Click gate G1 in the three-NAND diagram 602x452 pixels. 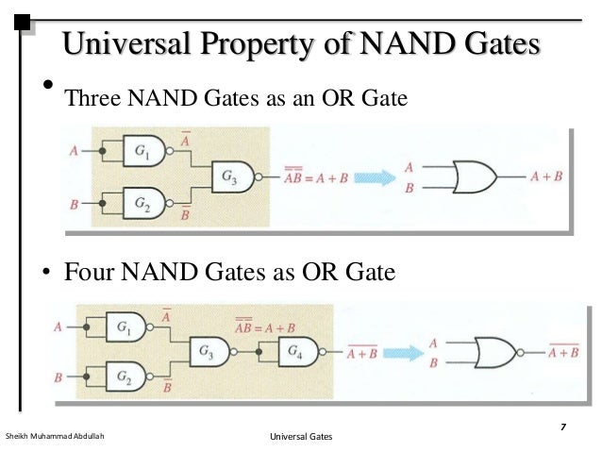tap(143, 151)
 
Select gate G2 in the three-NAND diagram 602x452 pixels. tap(143, 202)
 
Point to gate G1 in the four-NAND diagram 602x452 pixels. tap(125, 327)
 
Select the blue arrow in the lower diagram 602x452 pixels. tap(403, 355)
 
